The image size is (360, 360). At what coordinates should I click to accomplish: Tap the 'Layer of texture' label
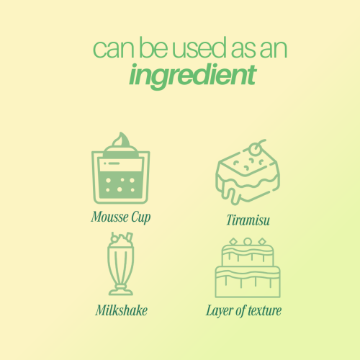pyautogui.click(x=243, y=310)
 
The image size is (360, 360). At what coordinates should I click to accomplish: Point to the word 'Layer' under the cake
pyautogui.click(x=219, y=310)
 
